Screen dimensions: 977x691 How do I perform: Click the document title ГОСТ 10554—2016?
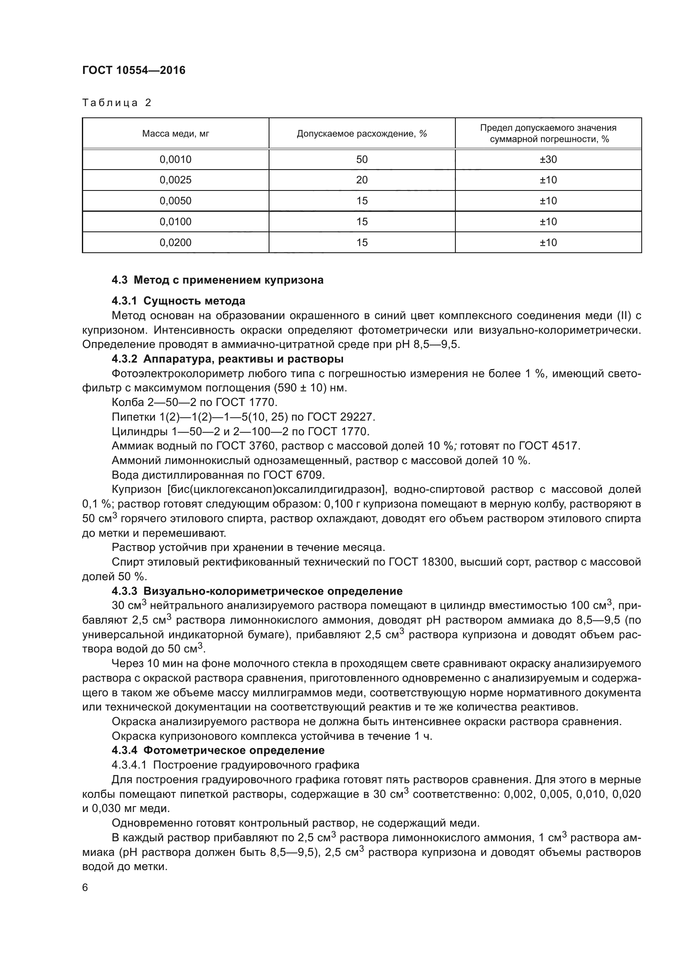pyautogui.click(x=134, y=70)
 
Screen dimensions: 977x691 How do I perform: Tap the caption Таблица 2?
pyautogui.click(x=117, y=103)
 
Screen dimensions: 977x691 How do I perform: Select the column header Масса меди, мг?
pyautogui.click(x=175, y=134)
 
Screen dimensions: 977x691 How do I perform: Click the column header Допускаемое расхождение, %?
pyautogui.click(x=362, y=134)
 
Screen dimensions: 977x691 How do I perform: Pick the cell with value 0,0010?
pyautogui.click(x=175, y=160)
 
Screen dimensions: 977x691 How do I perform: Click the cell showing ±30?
pyautogui.click(x=548, y=160)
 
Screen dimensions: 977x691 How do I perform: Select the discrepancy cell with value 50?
pyautogui.click(x=362, y=160)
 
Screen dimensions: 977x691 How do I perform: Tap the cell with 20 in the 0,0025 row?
pyautogui.click(x=362, y=180)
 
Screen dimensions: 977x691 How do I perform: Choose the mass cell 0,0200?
pyautogui.click(x=175, y=243)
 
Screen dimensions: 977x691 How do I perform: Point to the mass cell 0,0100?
pyautogui.click(x=175, y=222)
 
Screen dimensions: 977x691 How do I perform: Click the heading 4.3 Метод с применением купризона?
pyautogui.click(x=217, y=280)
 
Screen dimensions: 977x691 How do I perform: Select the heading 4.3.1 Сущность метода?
pyautogui.click(x=178, y=301)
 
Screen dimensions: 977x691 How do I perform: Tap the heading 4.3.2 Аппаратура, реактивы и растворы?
pyautogui.click(x=227, y=359)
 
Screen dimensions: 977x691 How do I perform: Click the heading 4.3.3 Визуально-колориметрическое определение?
pyautogui.click(x=257, y=591)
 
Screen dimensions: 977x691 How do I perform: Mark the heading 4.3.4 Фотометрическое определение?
pyautogui.click(x=218, y=750)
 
